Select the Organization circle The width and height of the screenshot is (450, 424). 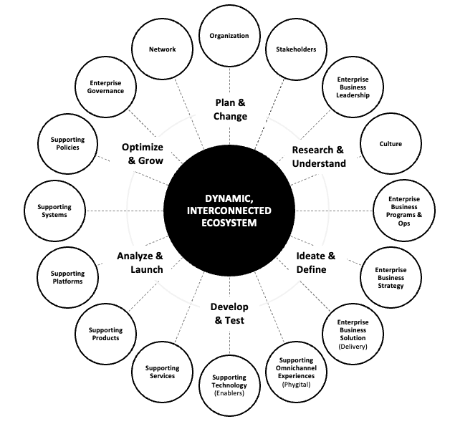point(229,36)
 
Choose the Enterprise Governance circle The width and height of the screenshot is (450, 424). point(102,87)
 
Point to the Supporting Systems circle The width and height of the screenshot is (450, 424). point(54,211)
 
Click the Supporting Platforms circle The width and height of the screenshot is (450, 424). point(67,277)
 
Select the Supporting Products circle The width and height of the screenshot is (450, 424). point(105,334)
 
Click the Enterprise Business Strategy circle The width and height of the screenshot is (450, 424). point(390,277)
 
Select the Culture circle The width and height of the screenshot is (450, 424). point(391,144)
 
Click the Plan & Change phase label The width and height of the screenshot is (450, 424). point(231,110)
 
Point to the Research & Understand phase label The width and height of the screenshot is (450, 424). point(319,157)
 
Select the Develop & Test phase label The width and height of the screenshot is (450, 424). point(229,314)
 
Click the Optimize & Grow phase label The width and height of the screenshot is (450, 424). point(142,154)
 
